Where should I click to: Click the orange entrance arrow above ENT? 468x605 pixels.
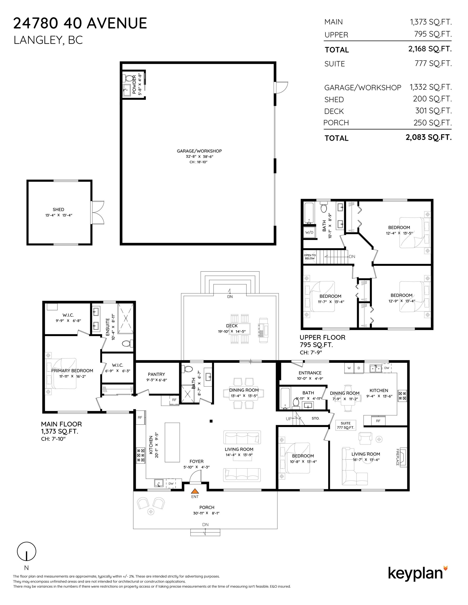(195, 491)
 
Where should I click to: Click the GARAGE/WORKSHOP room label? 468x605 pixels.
(200, 151)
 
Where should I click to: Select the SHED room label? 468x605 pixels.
(58, 210)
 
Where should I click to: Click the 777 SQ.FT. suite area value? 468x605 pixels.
(433, 64)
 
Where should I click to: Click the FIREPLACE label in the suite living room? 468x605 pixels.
(398, 457)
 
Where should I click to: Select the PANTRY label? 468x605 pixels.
(156, 374)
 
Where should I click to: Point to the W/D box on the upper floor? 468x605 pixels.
(309, 232)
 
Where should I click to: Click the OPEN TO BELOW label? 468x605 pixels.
(310, 257)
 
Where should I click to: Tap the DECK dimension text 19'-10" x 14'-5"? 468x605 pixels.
(232, 331)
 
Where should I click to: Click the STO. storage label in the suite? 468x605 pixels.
(316, 418)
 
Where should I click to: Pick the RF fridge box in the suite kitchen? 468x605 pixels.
(378, 420)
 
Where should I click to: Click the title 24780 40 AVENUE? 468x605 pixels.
(80, 23)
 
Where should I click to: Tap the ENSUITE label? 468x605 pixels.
(108, 327)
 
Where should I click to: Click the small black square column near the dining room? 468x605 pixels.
(211, 421)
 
